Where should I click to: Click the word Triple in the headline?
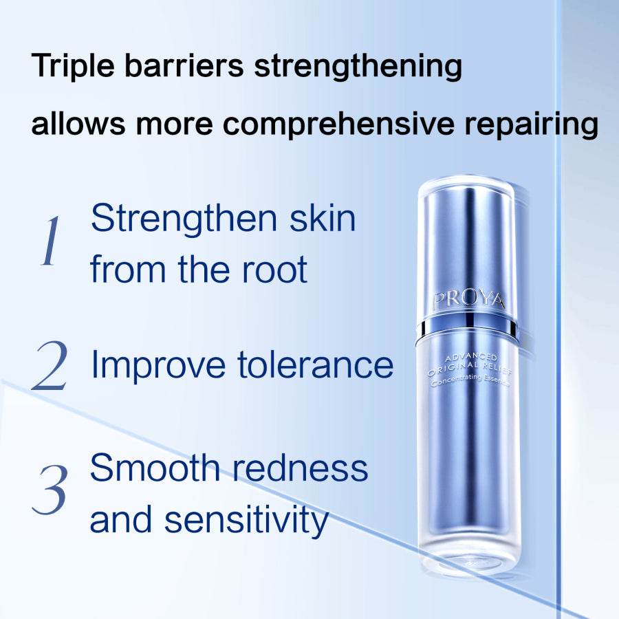pos(73,66)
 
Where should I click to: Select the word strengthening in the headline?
pos(358,66)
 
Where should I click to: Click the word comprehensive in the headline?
pos(338,124)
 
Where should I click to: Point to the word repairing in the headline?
pos(532,124)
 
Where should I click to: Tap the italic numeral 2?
pos(50,365)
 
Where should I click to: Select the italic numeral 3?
pos(50,489)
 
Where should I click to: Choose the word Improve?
pos(159,366)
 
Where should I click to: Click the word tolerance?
pos(316,365)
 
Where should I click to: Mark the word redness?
pos(301,468)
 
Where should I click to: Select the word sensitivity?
pos(247,521)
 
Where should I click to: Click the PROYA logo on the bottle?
pos(469,300)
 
